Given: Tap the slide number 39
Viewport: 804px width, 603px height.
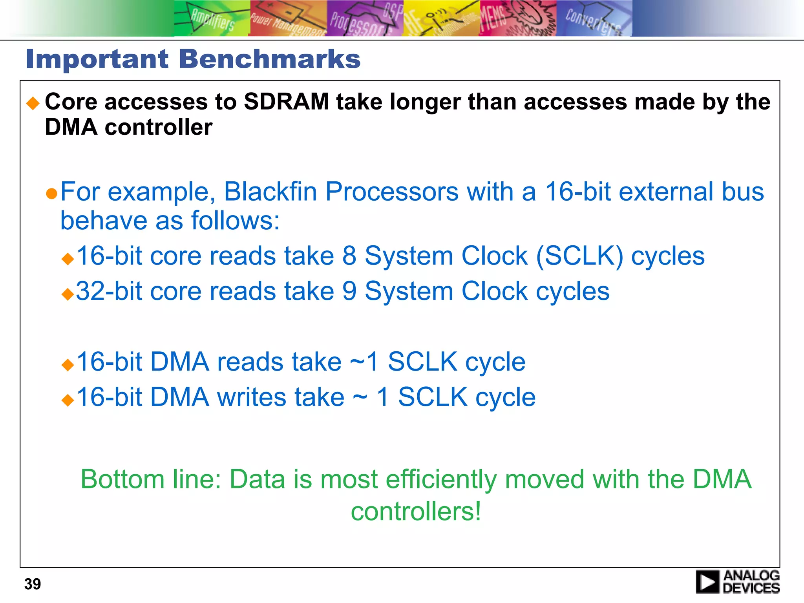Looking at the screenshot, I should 33,584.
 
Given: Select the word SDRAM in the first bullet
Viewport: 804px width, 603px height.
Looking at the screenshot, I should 286,102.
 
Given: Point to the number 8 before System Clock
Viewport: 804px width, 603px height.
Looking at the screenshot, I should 349,256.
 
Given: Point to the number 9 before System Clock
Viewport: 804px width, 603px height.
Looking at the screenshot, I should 349,291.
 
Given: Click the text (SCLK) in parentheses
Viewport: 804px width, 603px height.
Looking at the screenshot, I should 579,256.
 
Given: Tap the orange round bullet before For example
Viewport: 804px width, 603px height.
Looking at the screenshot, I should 51,194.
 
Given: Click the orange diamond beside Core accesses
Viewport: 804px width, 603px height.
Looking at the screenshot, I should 33,104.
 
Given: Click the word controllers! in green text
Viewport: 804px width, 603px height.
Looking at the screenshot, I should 416,512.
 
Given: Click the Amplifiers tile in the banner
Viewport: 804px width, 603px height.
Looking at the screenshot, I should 212,18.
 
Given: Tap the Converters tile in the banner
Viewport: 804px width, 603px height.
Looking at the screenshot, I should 594,18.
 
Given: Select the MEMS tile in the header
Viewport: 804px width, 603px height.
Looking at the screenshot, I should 517,18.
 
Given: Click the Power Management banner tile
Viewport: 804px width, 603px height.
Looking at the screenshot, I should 288,18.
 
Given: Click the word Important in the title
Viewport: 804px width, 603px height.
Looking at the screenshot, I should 97,59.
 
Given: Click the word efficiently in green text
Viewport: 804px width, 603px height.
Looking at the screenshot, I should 441,479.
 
